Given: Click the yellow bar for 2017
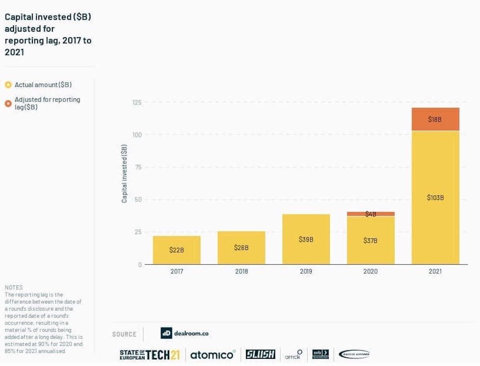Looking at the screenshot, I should [x=176, y=250].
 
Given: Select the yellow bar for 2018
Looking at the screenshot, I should [x=241, y=248].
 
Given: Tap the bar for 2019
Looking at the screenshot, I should [x=306, y=239].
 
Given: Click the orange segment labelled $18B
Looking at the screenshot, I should [x=435, y=119].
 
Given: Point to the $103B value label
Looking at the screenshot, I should [x=435, y=198].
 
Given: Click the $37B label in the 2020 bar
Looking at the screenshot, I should [x=370, y=240].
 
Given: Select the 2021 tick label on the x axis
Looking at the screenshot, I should [x=435, y=271].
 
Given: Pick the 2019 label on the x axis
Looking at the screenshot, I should [x=306, y=271].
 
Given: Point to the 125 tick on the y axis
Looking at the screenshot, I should [x=137, y=102].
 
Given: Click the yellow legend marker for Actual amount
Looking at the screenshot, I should [x=8, y=85].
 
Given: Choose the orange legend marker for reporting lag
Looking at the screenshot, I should [x=8, y=103].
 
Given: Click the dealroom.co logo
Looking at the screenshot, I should [x=184, y=333].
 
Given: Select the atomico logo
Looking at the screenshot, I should [x=212, y=354].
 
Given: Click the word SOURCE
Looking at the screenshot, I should [x=124, y=334].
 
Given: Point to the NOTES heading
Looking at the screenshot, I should [x=14, y=288].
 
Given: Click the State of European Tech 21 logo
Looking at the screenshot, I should [x=150, y=354].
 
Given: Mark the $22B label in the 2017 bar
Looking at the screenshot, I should [x=176, y=250].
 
